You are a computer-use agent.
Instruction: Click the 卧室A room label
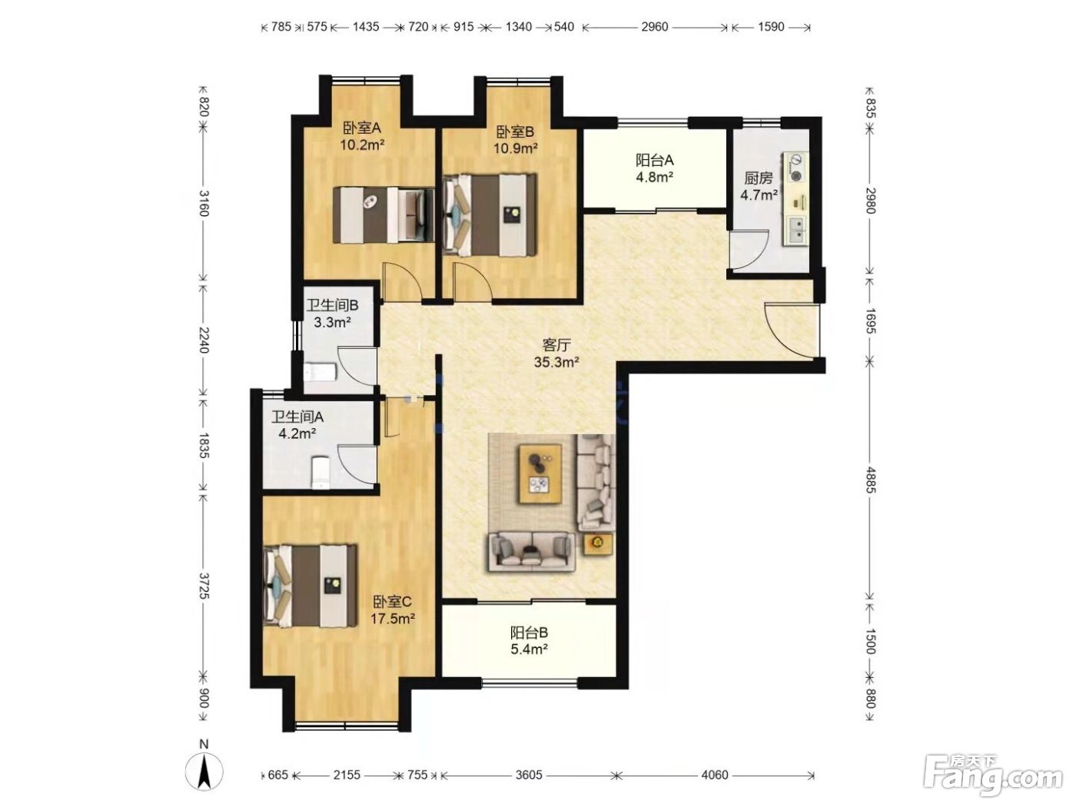coord(362,128)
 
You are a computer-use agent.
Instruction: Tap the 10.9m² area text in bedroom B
coord(515,148)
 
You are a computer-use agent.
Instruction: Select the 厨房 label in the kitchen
coord(758,178)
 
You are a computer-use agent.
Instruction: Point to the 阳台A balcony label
coord(654,160)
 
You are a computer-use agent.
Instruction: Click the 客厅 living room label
coord(556,345)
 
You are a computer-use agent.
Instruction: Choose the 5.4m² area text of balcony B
coord(529,649)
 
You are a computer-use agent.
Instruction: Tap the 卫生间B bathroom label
coord(332,305)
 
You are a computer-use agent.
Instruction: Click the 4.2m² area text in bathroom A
coord(297,433)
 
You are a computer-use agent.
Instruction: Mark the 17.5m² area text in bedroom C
coord(393,619)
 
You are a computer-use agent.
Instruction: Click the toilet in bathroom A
coord(321,473)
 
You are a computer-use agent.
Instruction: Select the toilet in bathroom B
coord(320,373)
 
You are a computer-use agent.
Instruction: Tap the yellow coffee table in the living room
coord(541,473)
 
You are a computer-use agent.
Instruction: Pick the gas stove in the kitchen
coord(797,167)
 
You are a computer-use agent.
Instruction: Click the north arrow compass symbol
coord(204,772)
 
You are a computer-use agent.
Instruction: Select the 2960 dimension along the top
coord(654,26)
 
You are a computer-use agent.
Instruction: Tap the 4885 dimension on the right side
coord(869,480)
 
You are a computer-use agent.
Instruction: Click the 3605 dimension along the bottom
coord(529,775)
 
